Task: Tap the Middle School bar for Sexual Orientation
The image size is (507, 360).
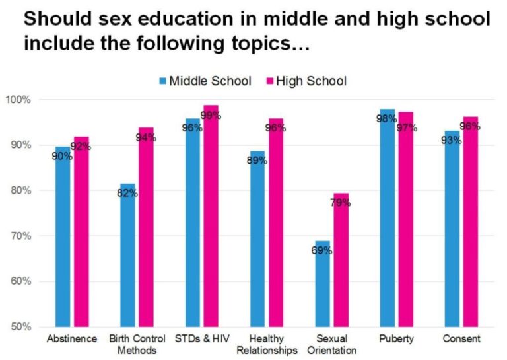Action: (322, 283)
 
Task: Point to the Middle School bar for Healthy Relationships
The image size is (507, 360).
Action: (257, 238)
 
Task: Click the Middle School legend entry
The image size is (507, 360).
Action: (205, 81)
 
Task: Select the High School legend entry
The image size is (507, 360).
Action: (305, 81)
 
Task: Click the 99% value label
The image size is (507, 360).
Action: (211, 116)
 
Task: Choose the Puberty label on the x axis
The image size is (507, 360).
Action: (396, 339)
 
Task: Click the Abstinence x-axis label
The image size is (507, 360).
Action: (72, 339)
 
